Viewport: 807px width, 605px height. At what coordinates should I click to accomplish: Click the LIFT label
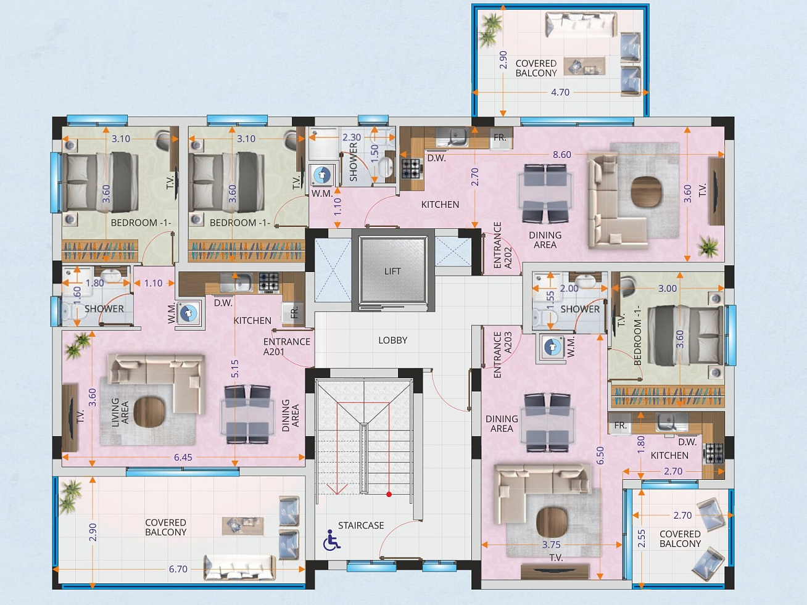coord(392,271)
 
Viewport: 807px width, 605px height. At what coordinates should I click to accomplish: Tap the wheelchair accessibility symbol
coord(332,540)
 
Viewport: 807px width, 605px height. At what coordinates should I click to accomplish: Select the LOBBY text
coord(392,340)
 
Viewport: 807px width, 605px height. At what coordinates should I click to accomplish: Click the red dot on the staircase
coord(389,494)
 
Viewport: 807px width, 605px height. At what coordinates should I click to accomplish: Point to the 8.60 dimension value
coord(562,155)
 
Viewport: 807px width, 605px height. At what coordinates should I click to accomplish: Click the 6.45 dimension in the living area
coord(183,458)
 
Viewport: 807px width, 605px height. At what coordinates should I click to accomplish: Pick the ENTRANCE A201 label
coord(286,347)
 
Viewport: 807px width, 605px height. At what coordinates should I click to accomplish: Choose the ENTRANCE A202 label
coord(503,245)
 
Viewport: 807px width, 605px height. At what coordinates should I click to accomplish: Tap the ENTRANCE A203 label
coord(503,355)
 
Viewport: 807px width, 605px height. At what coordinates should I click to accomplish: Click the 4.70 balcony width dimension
coord(560,93)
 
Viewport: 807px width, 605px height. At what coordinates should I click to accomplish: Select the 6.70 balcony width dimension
coord(178,569)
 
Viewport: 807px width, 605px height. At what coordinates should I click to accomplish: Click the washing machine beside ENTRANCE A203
coord(552,347)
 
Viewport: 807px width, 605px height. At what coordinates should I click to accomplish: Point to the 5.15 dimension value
coord(235,369)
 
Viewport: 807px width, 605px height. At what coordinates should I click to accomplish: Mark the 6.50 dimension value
coord(600,456)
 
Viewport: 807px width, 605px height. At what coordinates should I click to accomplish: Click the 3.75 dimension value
coord(551,545)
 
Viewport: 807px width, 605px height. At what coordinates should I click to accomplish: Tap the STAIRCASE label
coord(361,525)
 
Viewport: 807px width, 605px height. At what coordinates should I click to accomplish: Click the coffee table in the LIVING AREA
coord(149,412)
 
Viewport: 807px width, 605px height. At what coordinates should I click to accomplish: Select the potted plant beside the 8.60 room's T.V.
coord(708,246)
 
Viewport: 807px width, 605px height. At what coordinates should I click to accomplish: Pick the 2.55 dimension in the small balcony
coord(642,538)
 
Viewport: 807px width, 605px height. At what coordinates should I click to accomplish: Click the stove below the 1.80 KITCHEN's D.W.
coord(713,453)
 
